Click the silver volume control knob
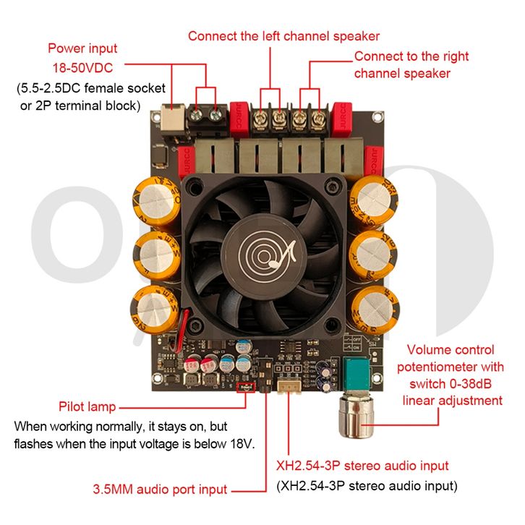(x=357, y=417)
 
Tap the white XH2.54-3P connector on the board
(x=289, y=386)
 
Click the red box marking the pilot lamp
(x=245, y=387)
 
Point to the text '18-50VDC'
(x=82, y=68)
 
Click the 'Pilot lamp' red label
(x=87, y=406)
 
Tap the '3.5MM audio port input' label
(x=160, y=489)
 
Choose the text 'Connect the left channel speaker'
(x=283, y=36)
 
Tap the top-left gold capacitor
(x=157, y=201)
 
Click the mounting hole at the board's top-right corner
(x=377, y=117)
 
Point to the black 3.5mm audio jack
(x=264, y=375)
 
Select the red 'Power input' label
(x=82, y=48)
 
